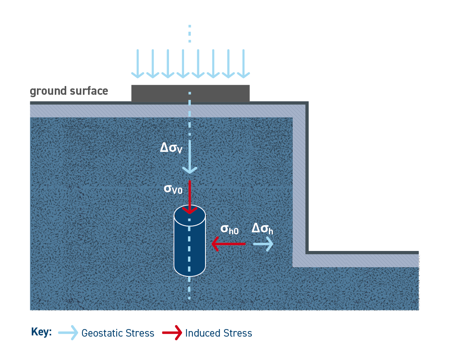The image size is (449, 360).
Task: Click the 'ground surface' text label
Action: [x=69, y=91]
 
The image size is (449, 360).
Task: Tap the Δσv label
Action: [x=171, y=148]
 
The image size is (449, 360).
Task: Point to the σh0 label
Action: [x=229, y=229]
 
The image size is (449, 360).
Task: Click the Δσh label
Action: [x=262, y=229]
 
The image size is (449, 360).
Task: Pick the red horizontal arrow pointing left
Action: [x=228, y=244]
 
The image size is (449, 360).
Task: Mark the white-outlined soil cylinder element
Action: [x=190, y=246]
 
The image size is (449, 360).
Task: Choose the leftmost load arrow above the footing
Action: [x=137, y=63]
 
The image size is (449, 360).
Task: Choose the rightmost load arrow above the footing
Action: [x=243, y=63]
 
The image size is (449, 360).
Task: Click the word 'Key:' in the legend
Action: [x=41, y=332]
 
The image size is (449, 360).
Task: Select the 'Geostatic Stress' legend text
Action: [x=118, y=333]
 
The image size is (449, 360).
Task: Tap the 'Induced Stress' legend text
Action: [x=219, y=333]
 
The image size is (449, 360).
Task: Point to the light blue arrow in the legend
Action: [x=68, y=333]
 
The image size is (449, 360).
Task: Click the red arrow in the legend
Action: [x=172, y=333]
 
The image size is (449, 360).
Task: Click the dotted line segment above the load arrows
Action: [x=190, y=34]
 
